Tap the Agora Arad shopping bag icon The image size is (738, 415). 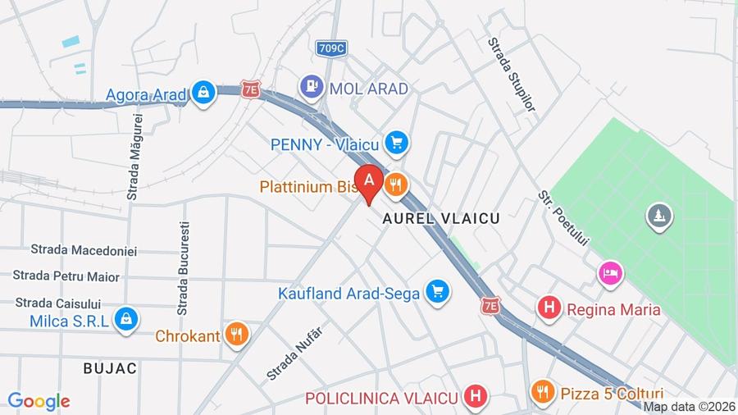(203, 93)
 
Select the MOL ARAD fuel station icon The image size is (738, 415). (311, 85)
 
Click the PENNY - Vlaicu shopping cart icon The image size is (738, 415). (397, 144)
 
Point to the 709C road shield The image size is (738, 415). (330, 48)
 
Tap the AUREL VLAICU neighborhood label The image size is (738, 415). (441, 219)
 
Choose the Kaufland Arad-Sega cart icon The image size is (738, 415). (438, 292)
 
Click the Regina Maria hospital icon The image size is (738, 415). (549, 309)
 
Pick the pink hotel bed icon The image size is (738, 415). (610, 273)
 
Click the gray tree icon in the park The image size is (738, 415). (658, 217)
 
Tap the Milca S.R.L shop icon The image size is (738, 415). (125, 320)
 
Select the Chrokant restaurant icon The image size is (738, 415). (237, 334)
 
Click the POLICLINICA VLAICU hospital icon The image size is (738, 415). (474, 398)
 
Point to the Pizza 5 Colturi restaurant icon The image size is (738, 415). (542, 393)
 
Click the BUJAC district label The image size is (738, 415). (110, 368)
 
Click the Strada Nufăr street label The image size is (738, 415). (294, 353)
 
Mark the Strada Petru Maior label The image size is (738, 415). (66, 276)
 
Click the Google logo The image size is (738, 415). (39, 401)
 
